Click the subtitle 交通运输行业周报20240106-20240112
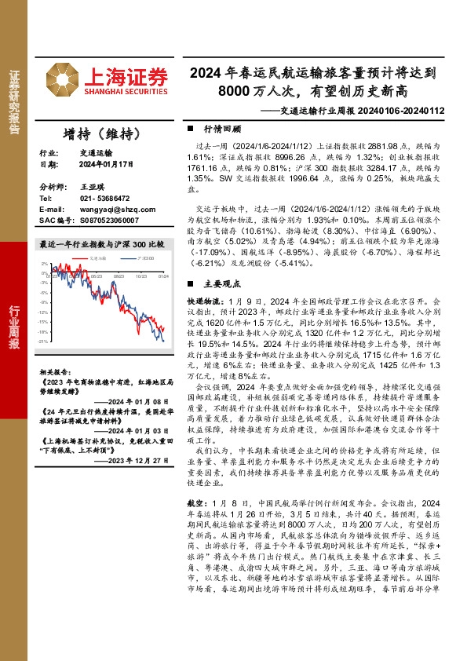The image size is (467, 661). point(352,111)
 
